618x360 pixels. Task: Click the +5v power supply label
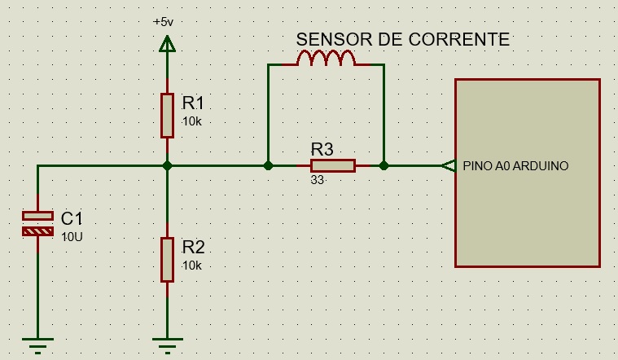pos(164,22)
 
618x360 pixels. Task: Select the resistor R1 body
pos(167,115)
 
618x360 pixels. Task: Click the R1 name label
pos(193,103)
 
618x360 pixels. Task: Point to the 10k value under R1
pos(191,121)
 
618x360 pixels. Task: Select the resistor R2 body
pos(167,259)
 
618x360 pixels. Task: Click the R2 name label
pos(193,248)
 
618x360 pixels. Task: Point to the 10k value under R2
pos(191,266)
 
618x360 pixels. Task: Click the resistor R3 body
pos(332,166)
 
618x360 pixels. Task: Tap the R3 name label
pos(322,149)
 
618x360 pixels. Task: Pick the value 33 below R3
pos(318,181)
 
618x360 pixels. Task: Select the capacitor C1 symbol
pos(37,224)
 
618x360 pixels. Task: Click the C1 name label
pos(72,218)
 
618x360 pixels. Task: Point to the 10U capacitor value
pos(72,236)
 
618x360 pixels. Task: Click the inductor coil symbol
pos(326,59)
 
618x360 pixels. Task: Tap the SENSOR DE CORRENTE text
pos(402,39)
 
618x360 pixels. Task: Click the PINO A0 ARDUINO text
pos(515,166)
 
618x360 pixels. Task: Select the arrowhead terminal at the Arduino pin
pos(447,166)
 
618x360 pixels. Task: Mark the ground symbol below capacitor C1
pos(37,345)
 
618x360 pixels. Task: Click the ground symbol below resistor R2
pos(167,345)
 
